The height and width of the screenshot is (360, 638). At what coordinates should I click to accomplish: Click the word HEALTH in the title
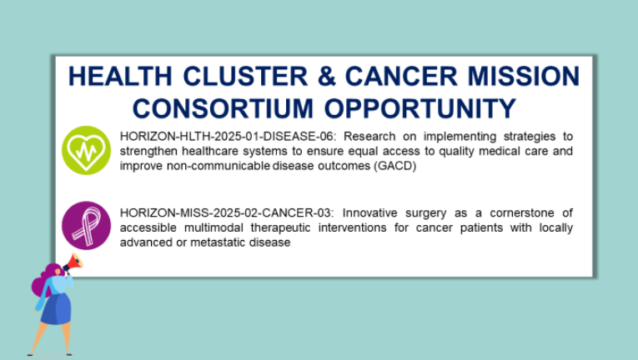[120, 76]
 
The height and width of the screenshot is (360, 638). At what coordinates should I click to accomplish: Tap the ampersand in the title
[327, 76]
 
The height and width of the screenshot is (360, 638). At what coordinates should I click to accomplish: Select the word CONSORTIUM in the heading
[223, 108]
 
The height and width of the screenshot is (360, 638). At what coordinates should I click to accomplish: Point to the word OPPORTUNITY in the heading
[420, 108]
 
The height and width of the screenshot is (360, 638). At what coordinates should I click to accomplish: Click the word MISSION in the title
[523, 76]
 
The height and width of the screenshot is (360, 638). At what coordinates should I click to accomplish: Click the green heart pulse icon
[86, 151]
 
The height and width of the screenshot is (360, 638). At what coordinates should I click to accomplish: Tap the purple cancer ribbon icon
[86, 225]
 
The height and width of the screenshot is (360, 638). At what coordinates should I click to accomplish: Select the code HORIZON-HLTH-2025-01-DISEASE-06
[227, 137]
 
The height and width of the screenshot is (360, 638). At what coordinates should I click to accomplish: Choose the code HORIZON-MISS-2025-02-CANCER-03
[226, 212]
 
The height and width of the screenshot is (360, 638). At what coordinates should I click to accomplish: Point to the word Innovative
[369, 212]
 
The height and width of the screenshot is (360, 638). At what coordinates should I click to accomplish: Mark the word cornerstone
[522, 212]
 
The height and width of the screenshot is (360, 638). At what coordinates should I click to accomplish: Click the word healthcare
[210, 152]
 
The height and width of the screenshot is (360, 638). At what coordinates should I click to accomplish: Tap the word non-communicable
[219, 166]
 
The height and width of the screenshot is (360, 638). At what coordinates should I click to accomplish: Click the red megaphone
[73, 262]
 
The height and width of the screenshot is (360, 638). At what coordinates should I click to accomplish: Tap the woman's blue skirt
[56, 308]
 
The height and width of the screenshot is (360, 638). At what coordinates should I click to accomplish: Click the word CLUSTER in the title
[245, 76]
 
